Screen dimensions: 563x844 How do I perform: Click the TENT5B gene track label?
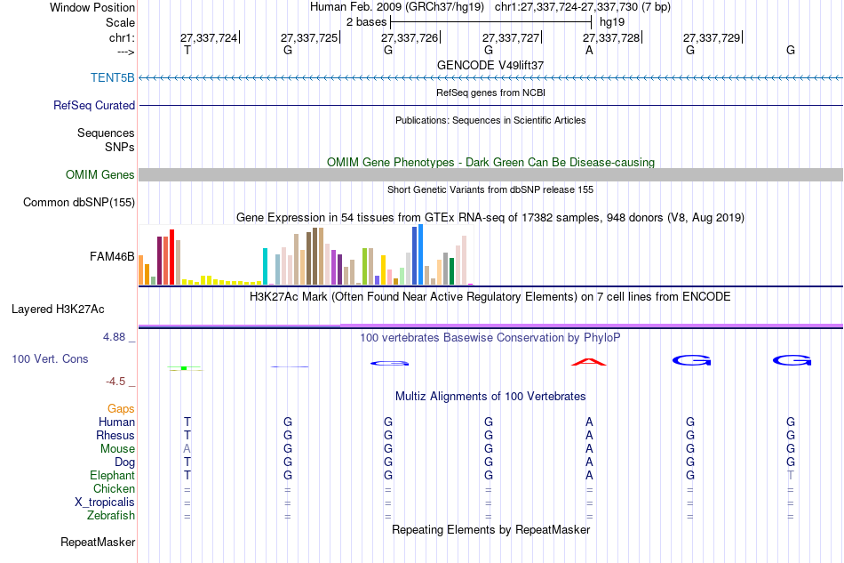click(x=112, y=77)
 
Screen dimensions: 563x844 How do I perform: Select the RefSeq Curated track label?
click(x=94, y=105)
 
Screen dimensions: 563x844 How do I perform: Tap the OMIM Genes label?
click(x=100, y=174)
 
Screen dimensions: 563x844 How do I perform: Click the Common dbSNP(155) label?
click(x=78, y=203)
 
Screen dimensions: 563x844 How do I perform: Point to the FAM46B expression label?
click(x=112, y=257)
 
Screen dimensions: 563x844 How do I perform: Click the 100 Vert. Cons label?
click(x=50, y=358)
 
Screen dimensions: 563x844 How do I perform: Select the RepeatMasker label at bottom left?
click(x=98, y=542)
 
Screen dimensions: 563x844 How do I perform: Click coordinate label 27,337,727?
click(x=511, y=38)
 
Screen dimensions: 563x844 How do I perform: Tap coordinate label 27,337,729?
click(x=712, y=38)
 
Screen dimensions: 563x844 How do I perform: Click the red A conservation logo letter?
click(x=588, y=361)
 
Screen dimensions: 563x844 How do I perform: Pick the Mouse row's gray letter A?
click(x=187, y=449)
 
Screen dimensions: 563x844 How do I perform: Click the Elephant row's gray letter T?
click(x=790, y=476)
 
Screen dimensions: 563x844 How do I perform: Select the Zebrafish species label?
click(x=111, y=515)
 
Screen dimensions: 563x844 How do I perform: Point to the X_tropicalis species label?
click(x=105, y=502)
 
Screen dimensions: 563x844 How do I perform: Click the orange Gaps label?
click(x=121, y=408)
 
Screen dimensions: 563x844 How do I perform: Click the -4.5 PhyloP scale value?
click(x=116, y=382)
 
